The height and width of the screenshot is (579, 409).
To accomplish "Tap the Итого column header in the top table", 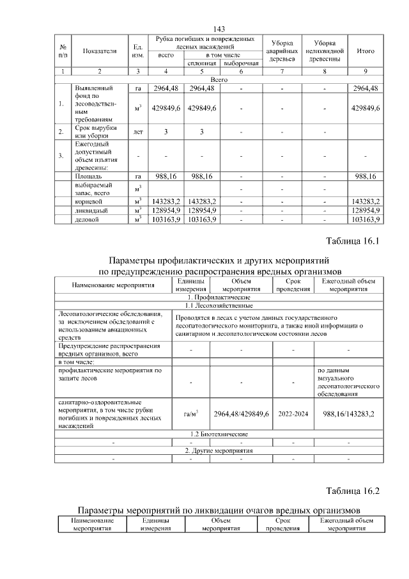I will pos(366,51).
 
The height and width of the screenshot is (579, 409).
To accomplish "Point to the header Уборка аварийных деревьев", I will pos(282,51).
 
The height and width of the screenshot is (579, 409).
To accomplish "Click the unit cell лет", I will pos(137,132).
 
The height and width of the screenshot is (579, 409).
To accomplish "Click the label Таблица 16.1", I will pos(353,241).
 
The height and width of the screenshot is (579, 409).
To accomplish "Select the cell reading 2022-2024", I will pos(293,414).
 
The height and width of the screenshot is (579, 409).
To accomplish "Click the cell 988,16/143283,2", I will pos(348,414).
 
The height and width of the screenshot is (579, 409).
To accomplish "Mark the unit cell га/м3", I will pos(190,414).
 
